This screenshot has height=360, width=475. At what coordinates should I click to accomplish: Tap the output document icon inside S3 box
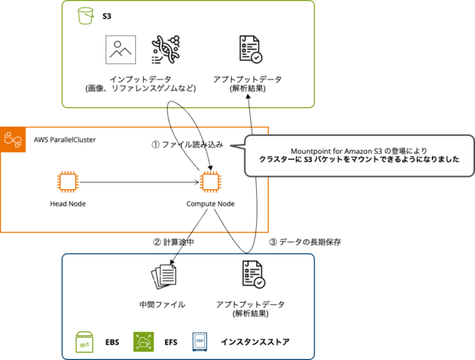249,50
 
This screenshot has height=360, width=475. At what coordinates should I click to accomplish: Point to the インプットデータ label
140,79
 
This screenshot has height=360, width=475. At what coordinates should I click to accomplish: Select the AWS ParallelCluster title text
65,140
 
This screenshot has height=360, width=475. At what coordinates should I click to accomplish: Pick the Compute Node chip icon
211,182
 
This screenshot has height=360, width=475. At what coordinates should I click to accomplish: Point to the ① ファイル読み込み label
187,144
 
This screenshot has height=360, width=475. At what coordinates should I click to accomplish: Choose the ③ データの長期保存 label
304,241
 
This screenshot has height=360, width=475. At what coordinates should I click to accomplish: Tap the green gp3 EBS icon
85,341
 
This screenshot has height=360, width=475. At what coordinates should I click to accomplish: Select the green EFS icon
142,341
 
